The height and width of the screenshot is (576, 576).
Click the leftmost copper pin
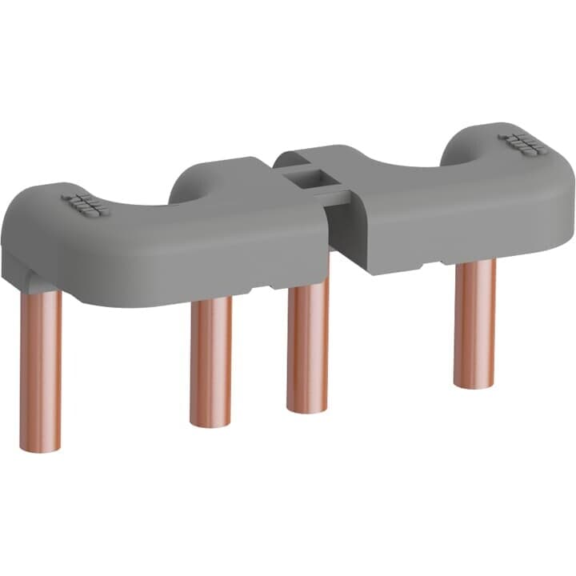pos(41,368)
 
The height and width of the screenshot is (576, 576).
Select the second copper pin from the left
pos(211,360)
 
